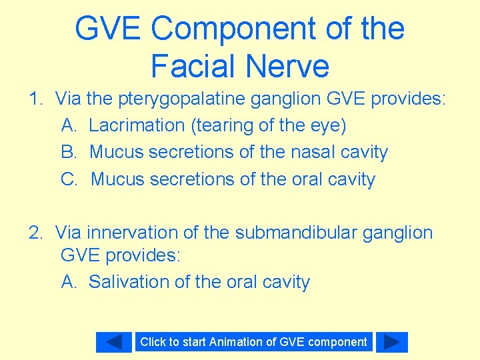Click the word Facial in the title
[193, 66]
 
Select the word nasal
[313, 152]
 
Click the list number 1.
[35, 99]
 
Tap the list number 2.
[35, 233]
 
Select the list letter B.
[68, 152]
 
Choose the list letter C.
[69, 179]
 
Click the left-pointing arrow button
[114, 342]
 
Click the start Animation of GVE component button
[253, 342]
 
